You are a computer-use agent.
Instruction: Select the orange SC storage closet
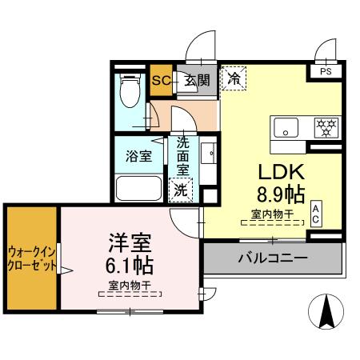(160, 80)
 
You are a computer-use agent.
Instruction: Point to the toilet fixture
(128, 94)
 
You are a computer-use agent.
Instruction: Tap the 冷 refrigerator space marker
(234, 78)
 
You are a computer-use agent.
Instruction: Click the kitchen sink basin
(286, 126)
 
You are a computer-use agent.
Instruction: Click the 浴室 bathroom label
(138, 155)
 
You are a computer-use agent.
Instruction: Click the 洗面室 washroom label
(182, 156)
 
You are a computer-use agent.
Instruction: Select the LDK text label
(277, 171)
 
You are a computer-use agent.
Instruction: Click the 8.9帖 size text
(277, 194)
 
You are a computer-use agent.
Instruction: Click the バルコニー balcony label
(274, 258)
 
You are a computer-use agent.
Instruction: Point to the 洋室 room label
(126, 242)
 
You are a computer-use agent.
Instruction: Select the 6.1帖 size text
(126, 264)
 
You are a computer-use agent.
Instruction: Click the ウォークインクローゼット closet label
(32, 258)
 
